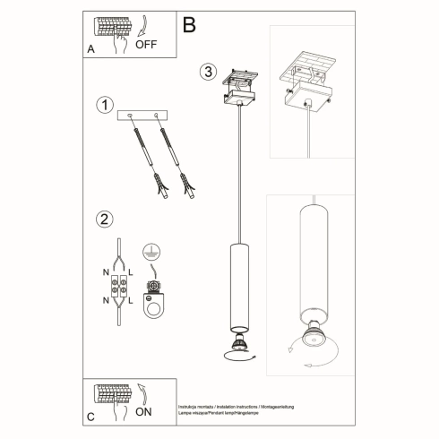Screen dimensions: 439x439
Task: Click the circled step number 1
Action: pyautogui.click(x=106, y=106)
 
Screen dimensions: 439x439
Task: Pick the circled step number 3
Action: pyautogui.click(x=209, y=72)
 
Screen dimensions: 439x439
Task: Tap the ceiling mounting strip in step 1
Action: pyautogui.click(x=145, y=115)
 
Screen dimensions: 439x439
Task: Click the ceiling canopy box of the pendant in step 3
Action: pyautogui.click(x=241, y=94)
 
